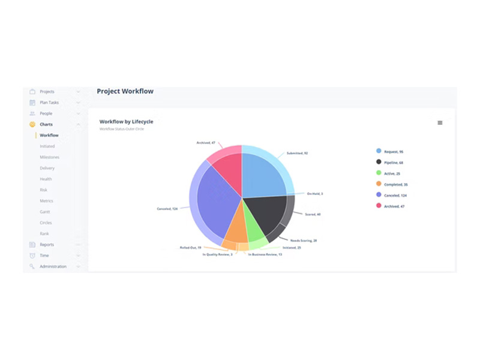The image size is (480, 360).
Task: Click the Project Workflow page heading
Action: (125, 91)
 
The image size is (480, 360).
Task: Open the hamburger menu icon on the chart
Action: (440, 122)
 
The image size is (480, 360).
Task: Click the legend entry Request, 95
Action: (393, 151)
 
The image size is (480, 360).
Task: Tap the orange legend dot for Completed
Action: (379, 184)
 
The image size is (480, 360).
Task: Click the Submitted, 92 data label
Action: (297, 153)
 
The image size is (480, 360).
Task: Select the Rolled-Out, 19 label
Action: (191, 247)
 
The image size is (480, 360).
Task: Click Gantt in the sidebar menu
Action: (46, 212)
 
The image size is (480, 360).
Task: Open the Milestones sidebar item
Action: (49, 157)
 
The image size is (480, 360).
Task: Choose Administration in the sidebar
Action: (53, 266)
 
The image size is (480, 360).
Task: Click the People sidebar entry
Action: (46, 113)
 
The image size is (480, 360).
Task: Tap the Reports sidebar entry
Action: (47, 245)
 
